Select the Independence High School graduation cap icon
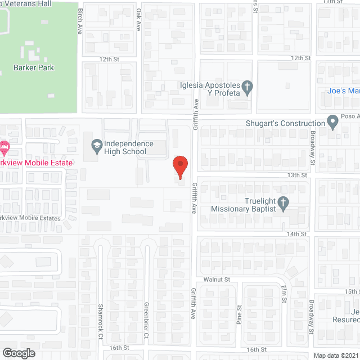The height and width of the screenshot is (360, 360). click(x=97, y=145)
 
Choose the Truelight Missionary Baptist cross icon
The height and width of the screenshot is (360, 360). click(x=284, y=202)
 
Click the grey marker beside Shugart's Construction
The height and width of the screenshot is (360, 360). click(x=333, y=123)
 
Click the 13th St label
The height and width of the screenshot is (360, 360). click(x=296, y=175)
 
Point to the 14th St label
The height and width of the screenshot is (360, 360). click(x=296, y=233)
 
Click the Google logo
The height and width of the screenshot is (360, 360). click(x=18, y=353)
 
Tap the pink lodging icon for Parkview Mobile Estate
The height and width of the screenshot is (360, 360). click(x=4, y=149)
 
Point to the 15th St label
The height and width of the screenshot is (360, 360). click(x=352, y=291)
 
